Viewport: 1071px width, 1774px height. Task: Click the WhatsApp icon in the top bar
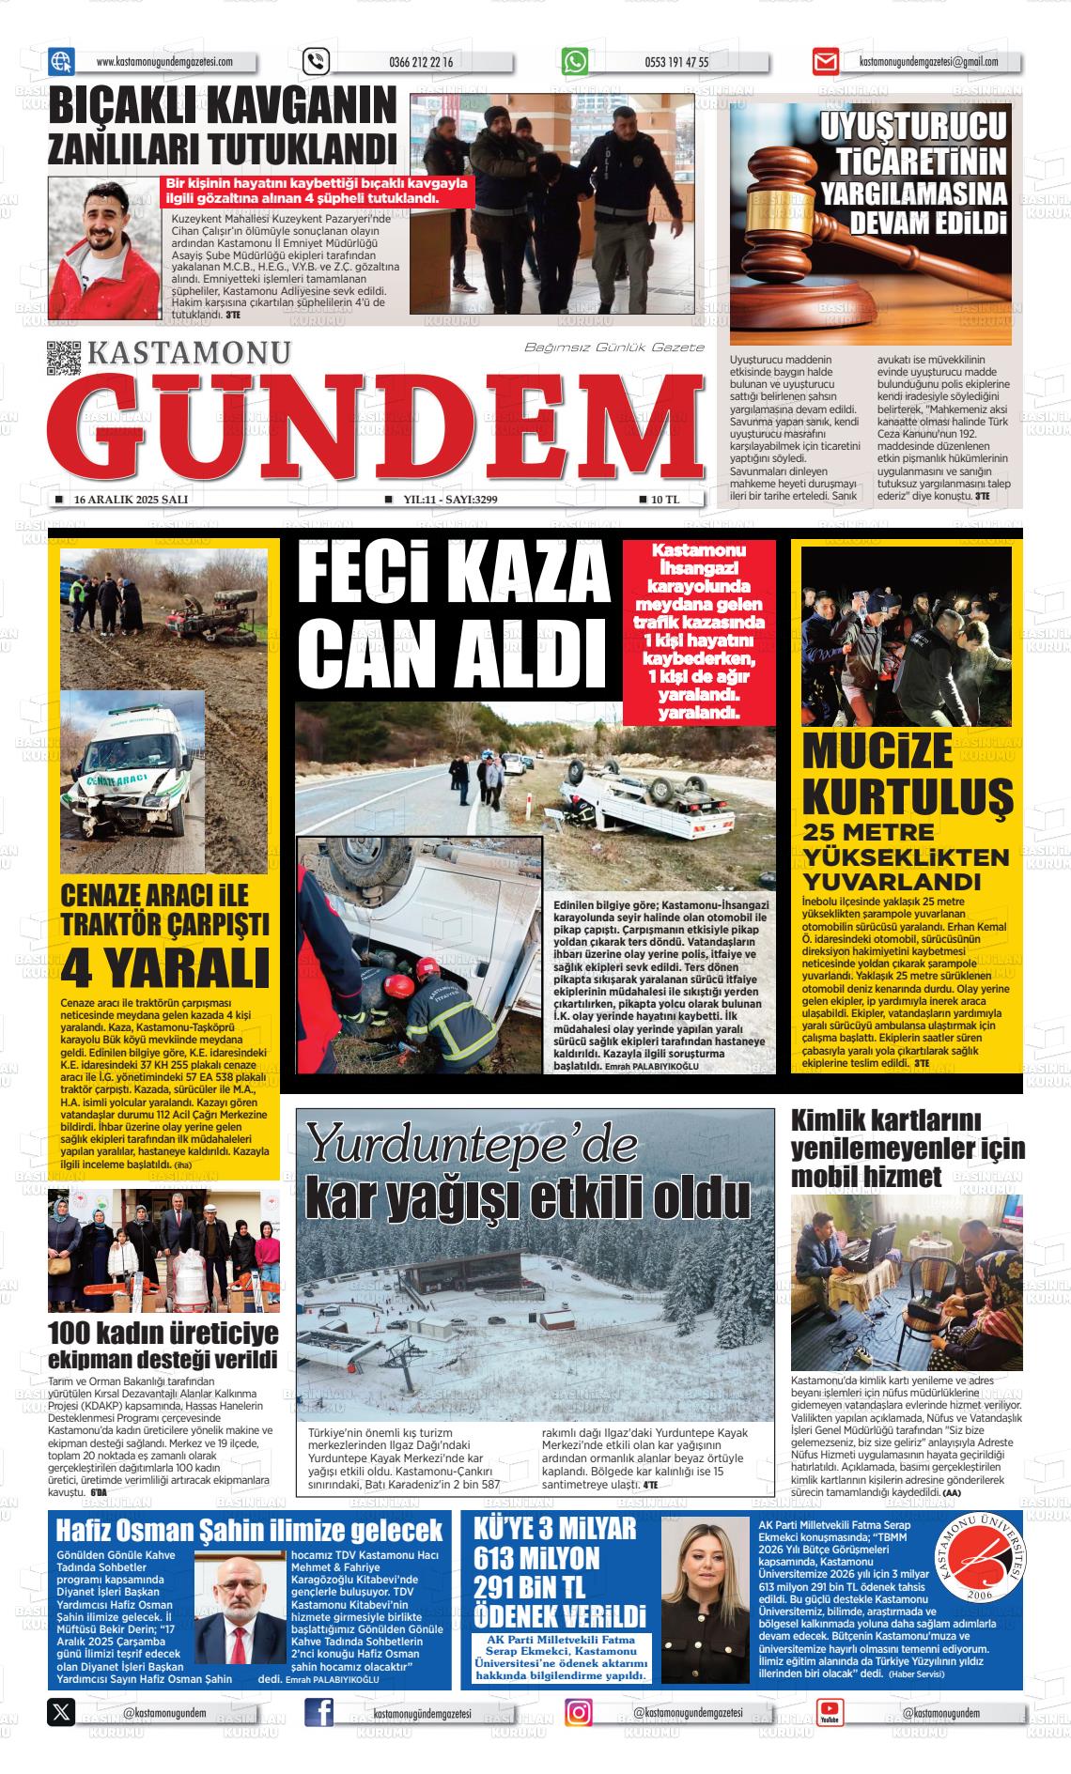(575, 62)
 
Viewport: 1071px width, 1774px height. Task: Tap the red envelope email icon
(825, 62)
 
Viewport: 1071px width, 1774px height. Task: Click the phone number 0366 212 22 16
(420, 62)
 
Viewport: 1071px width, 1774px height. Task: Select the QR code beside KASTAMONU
(64, 358)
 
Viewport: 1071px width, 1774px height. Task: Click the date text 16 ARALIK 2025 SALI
(131, 500)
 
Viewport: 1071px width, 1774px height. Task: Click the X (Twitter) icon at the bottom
(61, 1712)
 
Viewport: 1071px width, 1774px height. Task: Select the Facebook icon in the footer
(319, 1712)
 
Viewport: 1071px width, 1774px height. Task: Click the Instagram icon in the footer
(579, 1712)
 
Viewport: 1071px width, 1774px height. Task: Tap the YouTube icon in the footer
(830, 1712)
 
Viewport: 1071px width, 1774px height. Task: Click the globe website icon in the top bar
(61, 62)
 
